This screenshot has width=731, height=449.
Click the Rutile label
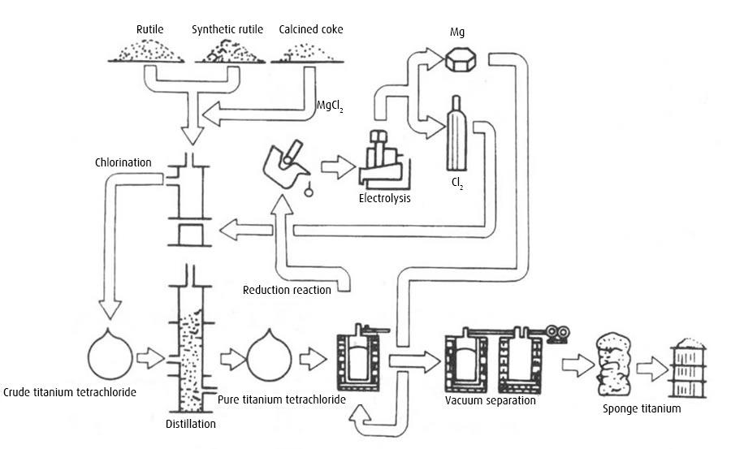coord(149,29)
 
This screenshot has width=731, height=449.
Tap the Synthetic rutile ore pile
coord(229,51)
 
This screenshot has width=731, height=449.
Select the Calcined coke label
coord(311,29)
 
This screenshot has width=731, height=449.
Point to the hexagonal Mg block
coord(461,59)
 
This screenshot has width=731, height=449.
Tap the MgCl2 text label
coord(330,106)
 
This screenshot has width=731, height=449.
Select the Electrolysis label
coord(385,198)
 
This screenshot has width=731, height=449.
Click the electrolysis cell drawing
coord(383,160)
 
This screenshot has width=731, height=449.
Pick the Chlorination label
coord(123,162)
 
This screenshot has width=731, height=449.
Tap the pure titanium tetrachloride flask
coord(269,356)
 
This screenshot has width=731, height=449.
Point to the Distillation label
coord(191,424)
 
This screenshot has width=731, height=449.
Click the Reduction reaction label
coord(287,290)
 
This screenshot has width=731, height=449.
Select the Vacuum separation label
coord(491,400)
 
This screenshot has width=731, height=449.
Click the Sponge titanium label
coord(642,409)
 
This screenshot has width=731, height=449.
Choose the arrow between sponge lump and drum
coord(652,369)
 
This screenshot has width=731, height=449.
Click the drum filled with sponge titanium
coord(688,369)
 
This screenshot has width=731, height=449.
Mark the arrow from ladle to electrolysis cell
coord(338,167)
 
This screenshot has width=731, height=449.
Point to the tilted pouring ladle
coord(283,166)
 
